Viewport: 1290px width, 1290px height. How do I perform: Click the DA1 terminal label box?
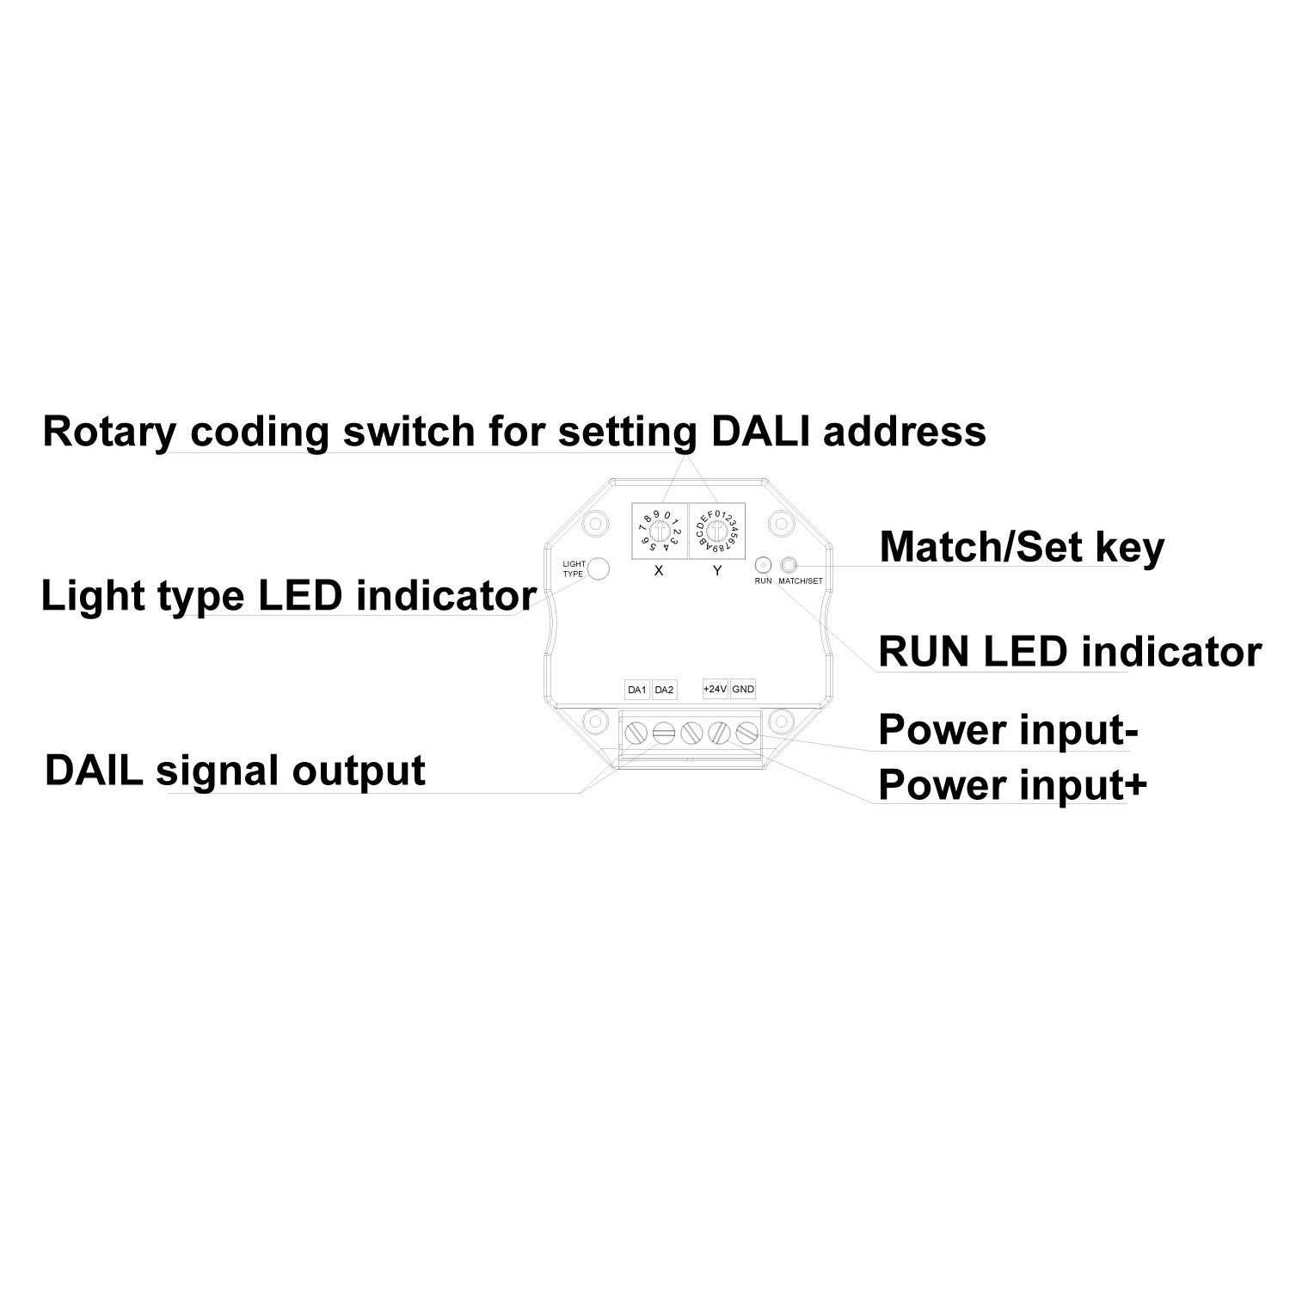(636, 690)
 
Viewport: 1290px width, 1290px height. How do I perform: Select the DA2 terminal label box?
(664, 690)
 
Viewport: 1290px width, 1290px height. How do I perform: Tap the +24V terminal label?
(716, 689)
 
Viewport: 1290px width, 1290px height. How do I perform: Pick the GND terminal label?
(743, 689)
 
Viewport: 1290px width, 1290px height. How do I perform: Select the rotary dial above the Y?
(718, 532)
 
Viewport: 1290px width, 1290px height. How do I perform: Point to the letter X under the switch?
(659, 570)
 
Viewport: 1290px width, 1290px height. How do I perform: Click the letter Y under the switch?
(718, 570)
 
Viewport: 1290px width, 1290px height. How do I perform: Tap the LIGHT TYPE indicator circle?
(599, 568)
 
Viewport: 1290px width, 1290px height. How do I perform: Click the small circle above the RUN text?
(762, 565)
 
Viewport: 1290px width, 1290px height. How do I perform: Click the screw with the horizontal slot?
(662, 734)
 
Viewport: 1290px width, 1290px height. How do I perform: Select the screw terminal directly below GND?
(746, 734)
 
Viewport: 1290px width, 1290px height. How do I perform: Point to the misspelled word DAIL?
(95, 771)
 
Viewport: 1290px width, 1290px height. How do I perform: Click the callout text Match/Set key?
(1022, 547)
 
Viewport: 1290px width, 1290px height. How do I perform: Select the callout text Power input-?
(1008, 730)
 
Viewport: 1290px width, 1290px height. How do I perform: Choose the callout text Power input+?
(1012, 785)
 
